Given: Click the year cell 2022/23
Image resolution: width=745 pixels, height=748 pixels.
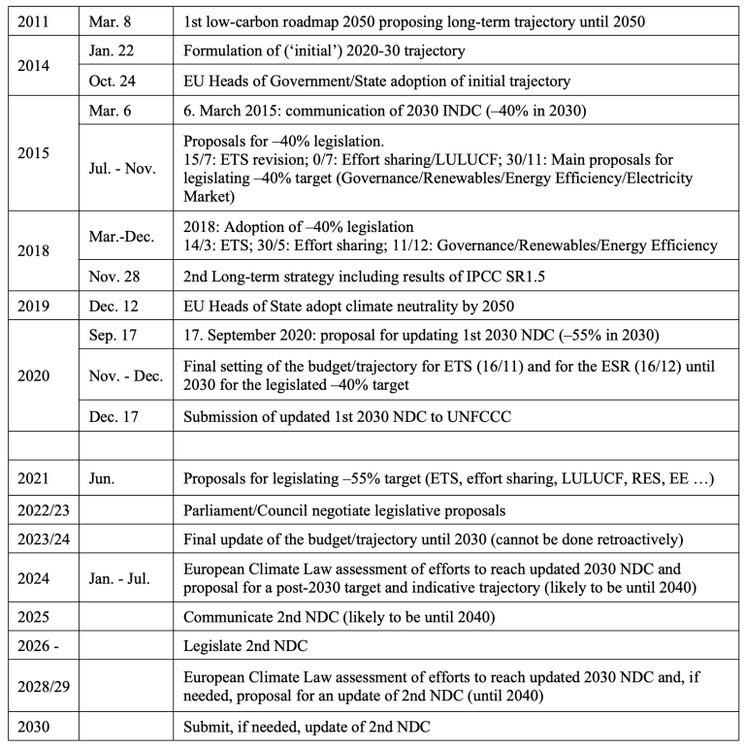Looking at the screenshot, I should (x=42, y=509).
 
